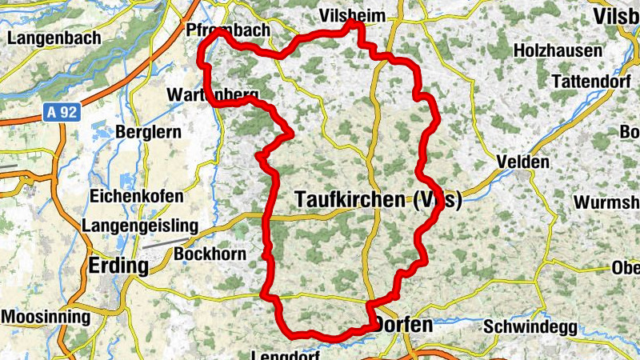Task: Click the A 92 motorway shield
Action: pyautogui.click(x=60, y=113)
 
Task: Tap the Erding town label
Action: pyautogui.click(x=119, y=266)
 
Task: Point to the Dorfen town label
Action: pyautogui.click(x=403, y=325)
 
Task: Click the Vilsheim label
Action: pyautogui.click(x=351, y=16)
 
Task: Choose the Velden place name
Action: pyautogui.click(x=523, y=162)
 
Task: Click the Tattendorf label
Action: pyautogui.click(x=592, y=82)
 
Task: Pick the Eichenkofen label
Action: pyautogui.click(x=137, y=196)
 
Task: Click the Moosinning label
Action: pyautogui.click(x=46, y=317)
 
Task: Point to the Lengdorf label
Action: pyautogui.click(x=286, y=354)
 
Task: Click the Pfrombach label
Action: pyautogui.click(x=228, y=30)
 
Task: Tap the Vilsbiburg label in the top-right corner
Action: pyautogui.click(x=617, y=16)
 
